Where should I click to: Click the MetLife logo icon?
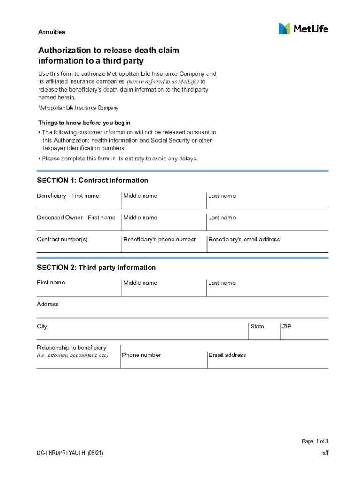click(284, 29)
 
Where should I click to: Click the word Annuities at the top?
click(51, 32)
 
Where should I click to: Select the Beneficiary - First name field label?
click(68, 196)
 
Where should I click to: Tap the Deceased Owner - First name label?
click(76, 218)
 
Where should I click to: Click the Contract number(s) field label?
click(62, 239)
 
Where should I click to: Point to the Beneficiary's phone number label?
click(159, 239)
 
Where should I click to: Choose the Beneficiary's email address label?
click(244, 239)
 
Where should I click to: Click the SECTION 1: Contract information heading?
click(93, 181)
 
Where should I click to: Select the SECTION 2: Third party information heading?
click(96, 268)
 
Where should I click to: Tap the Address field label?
click(48, 305)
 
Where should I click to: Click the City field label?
click(42, 327)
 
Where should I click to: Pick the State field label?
click(257, 327)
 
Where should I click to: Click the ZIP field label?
click(287, 327)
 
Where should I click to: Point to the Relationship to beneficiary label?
click(72, 348)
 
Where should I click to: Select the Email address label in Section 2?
click(227, 355)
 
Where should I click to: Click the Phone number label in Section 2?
click(141, 355)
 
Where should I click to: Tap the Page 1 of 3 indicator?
click(315, 441)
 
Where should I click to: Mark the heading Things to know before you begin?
click(84, 123)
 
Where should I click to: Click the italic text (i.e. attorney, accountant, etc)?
click(72, 356)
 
